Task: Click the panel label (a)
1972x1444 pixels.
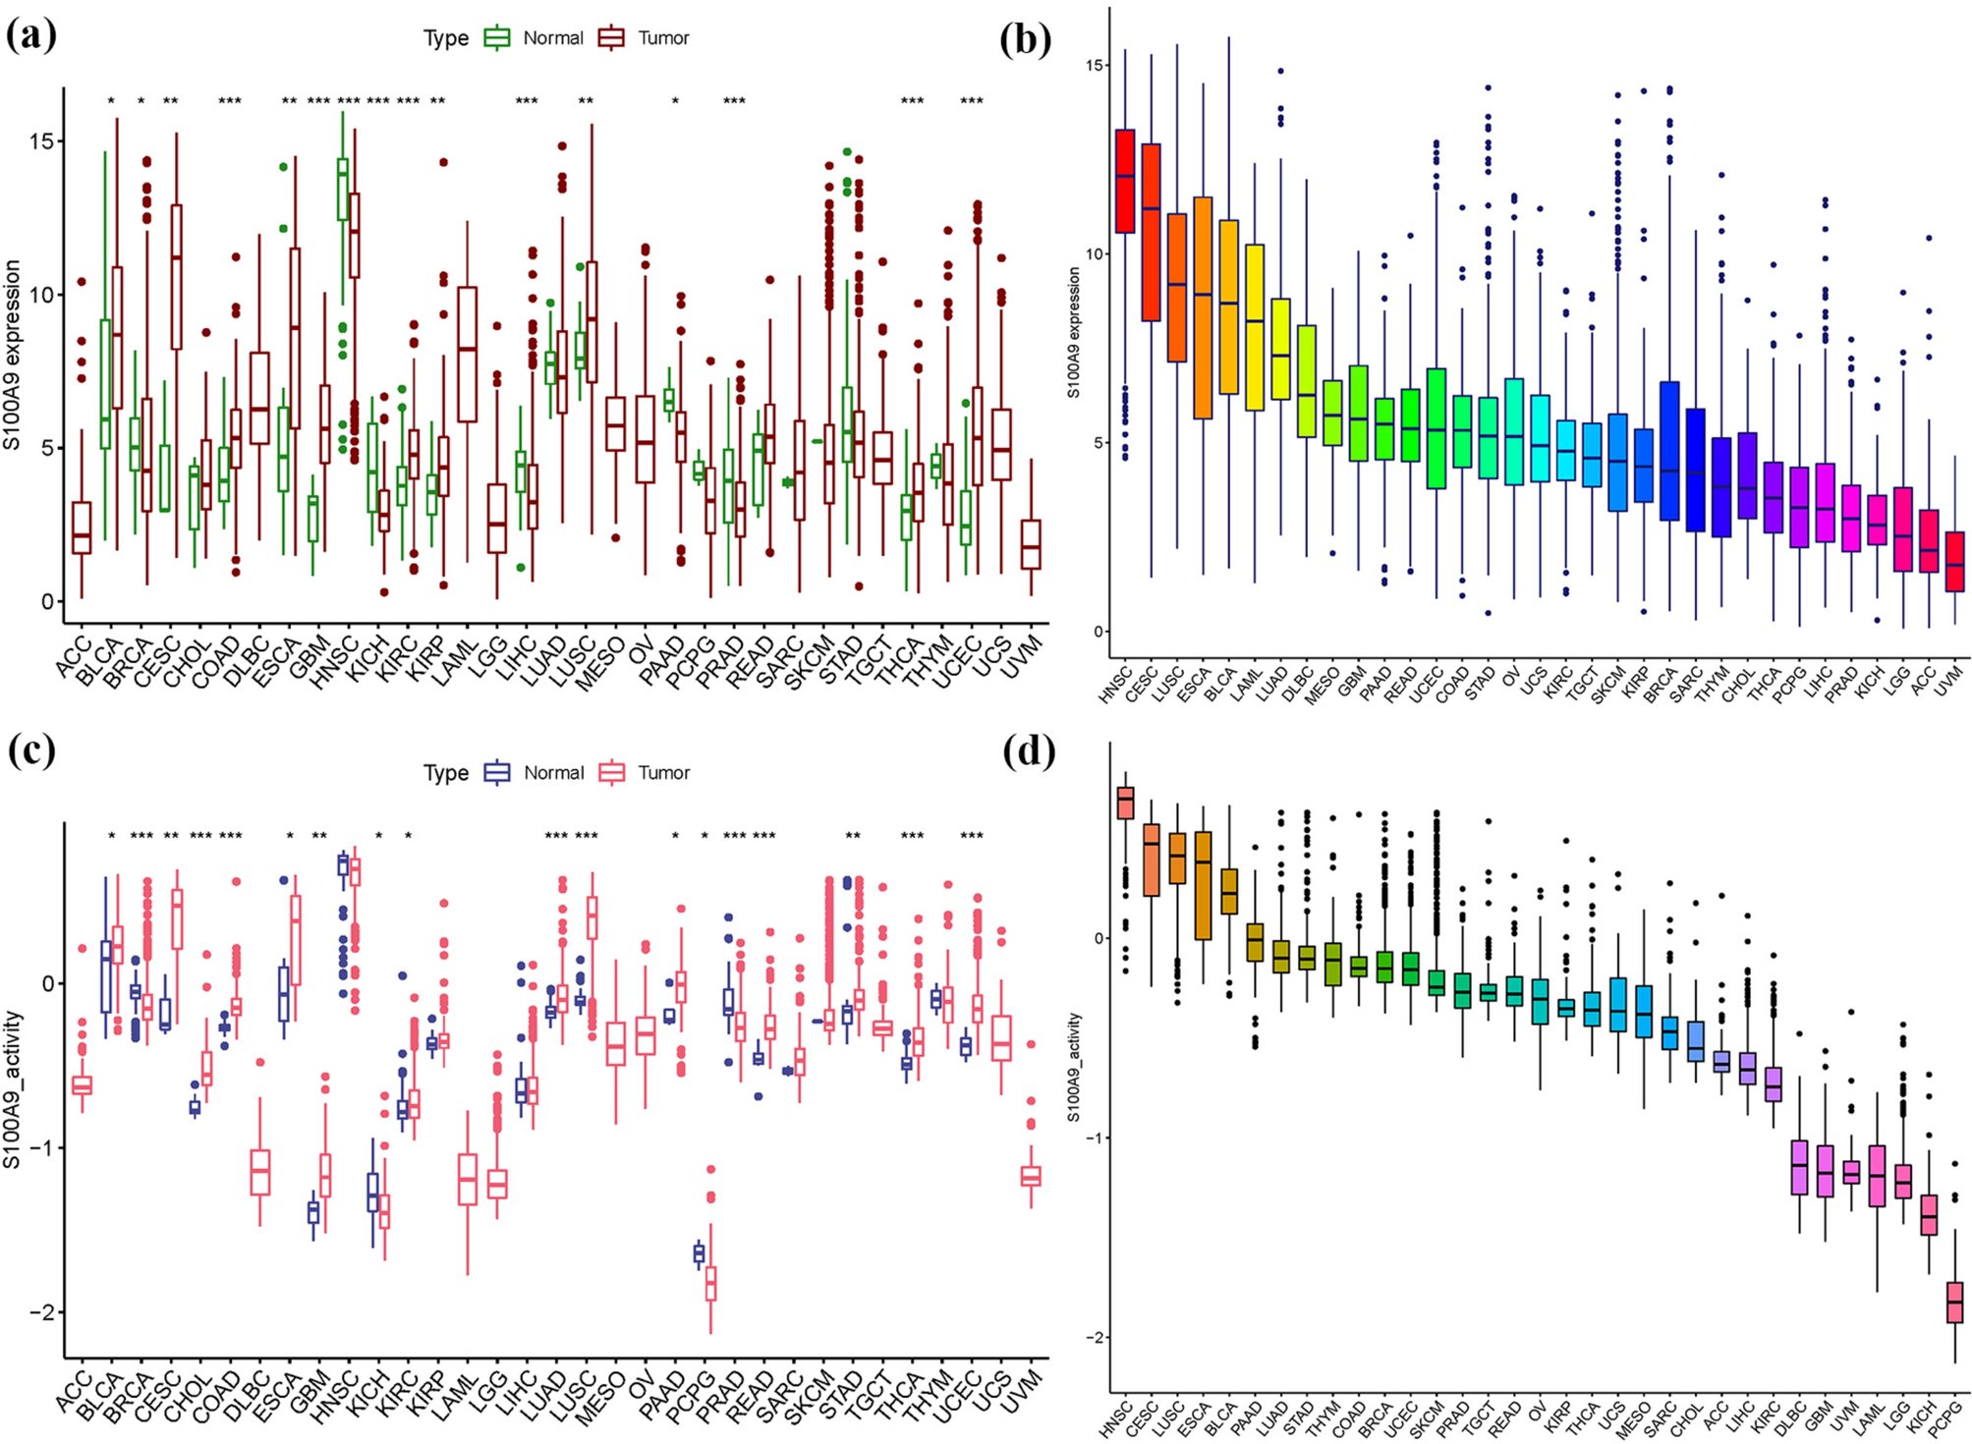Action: pos(30,36)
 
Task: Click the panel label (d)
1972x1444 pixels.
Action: pos(1029,751)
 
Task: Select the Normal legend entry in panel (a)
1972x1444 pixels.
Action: pos(535,38)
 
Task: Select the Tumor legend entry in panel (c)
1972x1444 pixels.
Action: pos(647,773)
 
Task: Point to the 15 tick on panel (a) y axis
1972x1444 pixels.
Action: pos(41,141)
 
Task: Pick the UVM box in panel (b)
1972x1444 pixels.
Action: pos(1954,562)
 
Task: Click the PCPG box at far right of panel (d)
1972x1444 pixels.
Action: pos(1954,1303)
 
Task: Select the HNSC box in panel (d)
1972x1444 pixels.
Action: pos(1125,803)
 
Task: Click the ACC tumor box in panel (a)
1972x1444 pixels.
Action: pos(82,528)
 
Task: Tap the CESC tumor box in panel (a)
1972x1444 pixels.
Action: pos(176,276)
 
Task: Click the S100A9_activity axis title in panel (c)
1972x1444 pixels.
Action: pos(13,1090)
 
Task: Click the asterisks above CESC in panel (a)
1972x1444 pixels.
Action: pos(170,101)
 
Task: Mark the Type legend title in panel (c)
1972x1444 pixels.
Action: pos(445,773)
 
